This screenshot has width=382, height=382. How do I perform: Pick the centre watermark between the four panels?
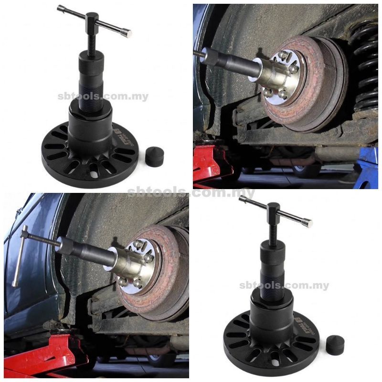(191, 192)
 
